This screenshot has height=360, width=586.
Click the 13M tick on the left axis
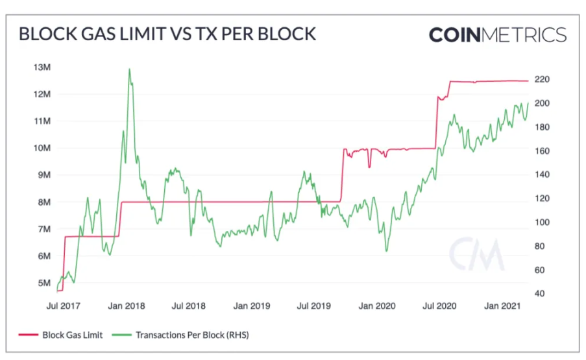tap(43, 67)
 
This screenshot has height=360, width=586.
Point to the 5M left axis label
tap(45, 283)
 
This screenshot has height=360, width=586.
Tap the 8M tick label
tap(45, 202)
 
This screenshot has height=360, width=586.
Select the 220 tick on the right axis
tap(541, 79)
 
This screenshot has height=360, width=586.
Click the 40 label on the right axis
tap(539, 294)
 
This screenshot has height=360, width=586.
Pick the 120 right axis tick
tap(541, 198)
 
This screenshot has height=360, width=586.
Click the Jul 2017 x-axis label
tap(62, 305)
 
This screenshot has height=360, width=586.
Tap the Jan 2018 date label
tap(127, 305)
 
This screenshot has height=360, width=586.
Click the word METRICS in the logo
tap(524, 34)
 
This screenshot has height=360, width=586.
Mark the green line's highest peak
tap(129, 69)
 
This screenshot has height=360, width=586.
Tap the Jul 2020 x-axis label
tap(440, 305)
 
